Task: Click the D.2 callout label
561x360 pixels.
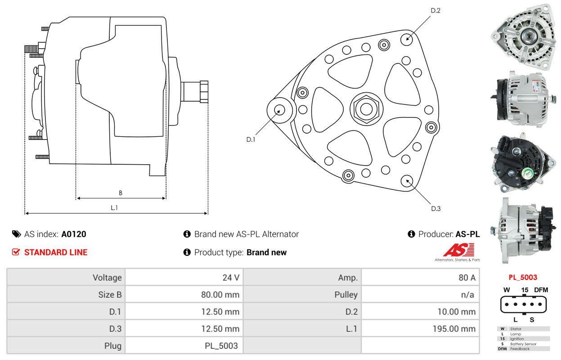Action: [x=435, y=10]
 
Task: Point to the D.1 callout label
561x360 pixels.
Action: [x=251, y=139]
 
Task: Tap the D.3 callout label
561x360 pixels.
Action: [x=435, y=208]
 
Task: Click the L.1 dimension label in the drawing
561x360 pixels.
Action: [x=114, y=207]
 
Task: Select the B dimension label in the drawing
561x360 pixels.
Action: [x=121, y=193]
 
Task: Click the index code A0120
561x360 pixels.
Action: [x=74, y=234]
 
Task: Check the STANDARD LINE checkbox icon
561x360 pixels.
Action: [x=16, y=252]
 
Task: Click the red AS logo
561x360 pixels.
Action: [x=458, y=250]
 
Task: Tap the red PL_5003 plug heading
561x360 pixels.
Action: [x=523, y=277]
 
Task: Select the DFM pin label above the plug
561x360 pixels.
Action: [x=541, y=290]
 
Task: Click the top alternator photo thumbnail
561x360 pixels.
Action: [x=523, y=36]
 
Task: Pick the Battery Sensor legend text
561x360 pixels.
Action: [x=523, y=344]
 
